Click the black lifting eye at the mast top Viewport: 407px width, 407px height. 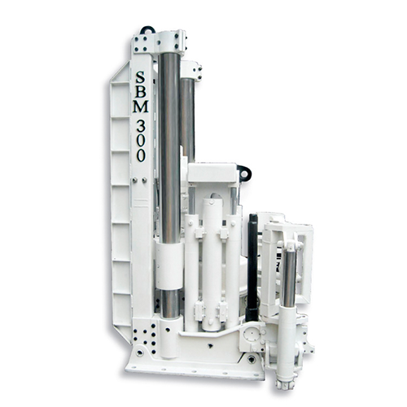pos(147,30)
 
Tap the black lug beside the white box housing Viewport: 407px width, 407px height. pos(243,172)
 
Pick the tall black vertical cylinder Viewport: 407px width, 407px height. pos(253,265)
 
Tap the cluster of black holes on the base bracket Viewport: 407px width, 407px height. pos(147,335)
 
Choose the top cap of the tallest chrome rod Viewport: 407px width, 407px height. pos(169,41)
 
